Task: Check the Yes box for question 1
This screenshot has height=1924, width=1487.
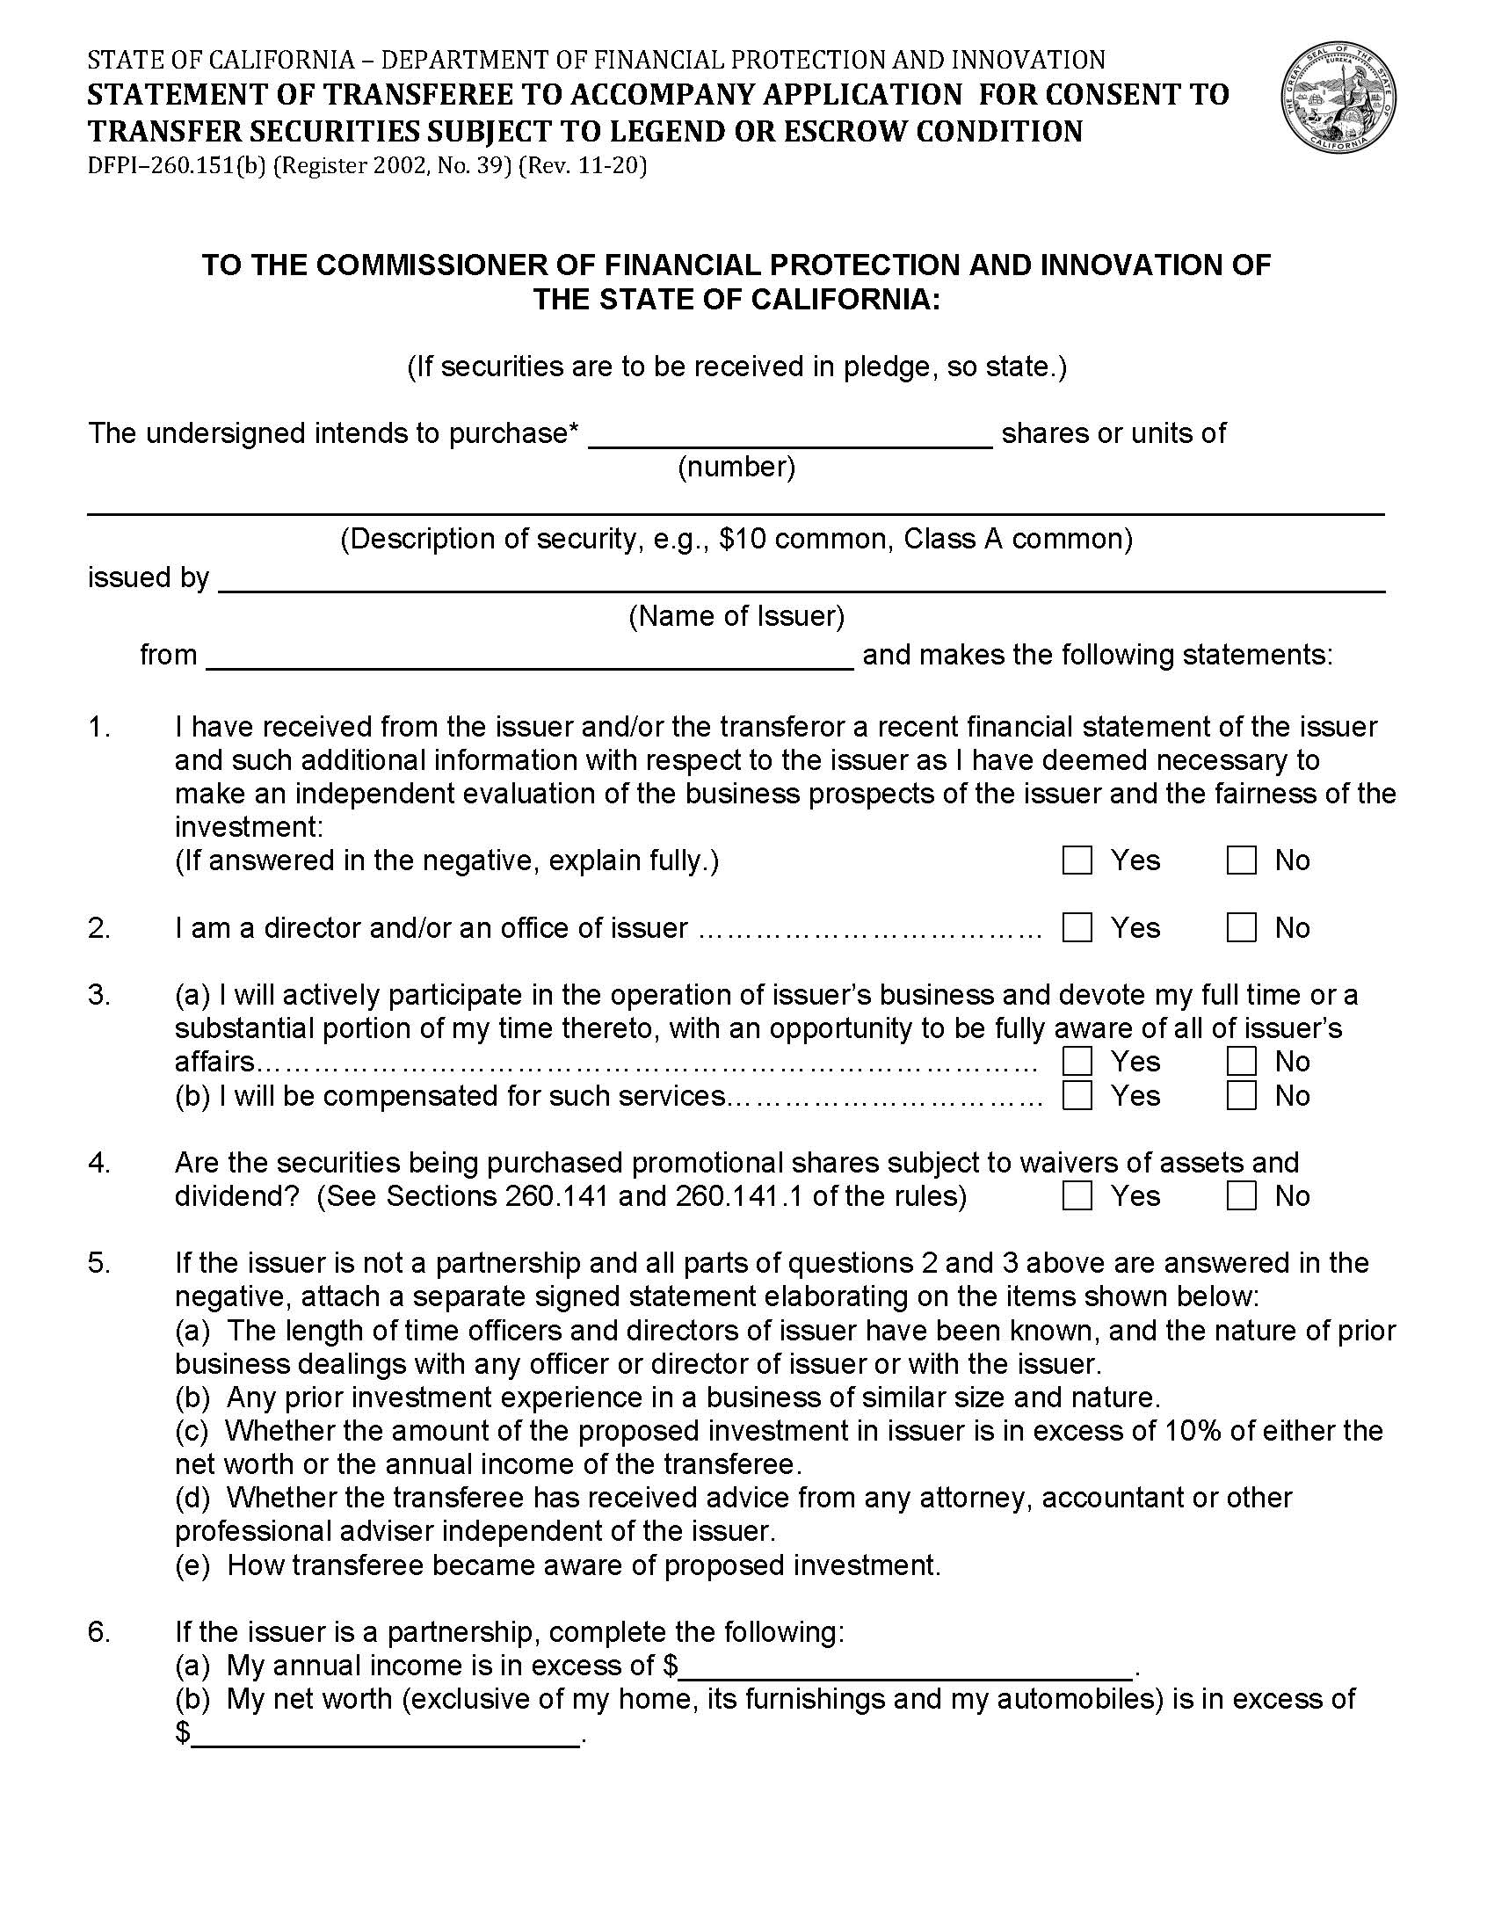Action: [1077, 860]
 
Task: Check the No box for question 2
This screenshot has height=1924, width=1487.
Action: [1240, 927]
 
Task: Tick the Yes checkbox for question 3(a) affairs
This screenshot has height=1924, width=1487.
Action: [1077, 1062]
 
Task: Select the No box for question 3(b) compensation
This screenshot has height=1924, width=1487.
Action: [1240, 1095]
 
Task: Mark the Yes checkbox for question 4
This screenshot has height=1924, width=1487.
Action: [1077, 1195]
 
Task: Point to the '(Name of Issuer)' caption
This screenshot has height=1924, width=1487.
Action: [736, 616]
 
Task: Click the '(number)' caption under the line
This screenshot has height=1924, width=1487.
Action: [736, 467]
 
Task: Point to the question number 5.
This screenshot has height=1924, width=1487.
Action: [98, 1262]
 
